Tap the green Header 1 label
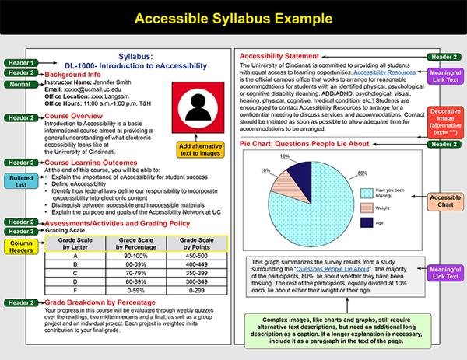point(20,62)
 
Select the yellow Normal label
point(20,83)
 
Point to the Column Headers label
point(21,248)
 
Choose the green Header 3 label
point(20,231)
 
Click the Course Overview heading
point(81,116)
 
